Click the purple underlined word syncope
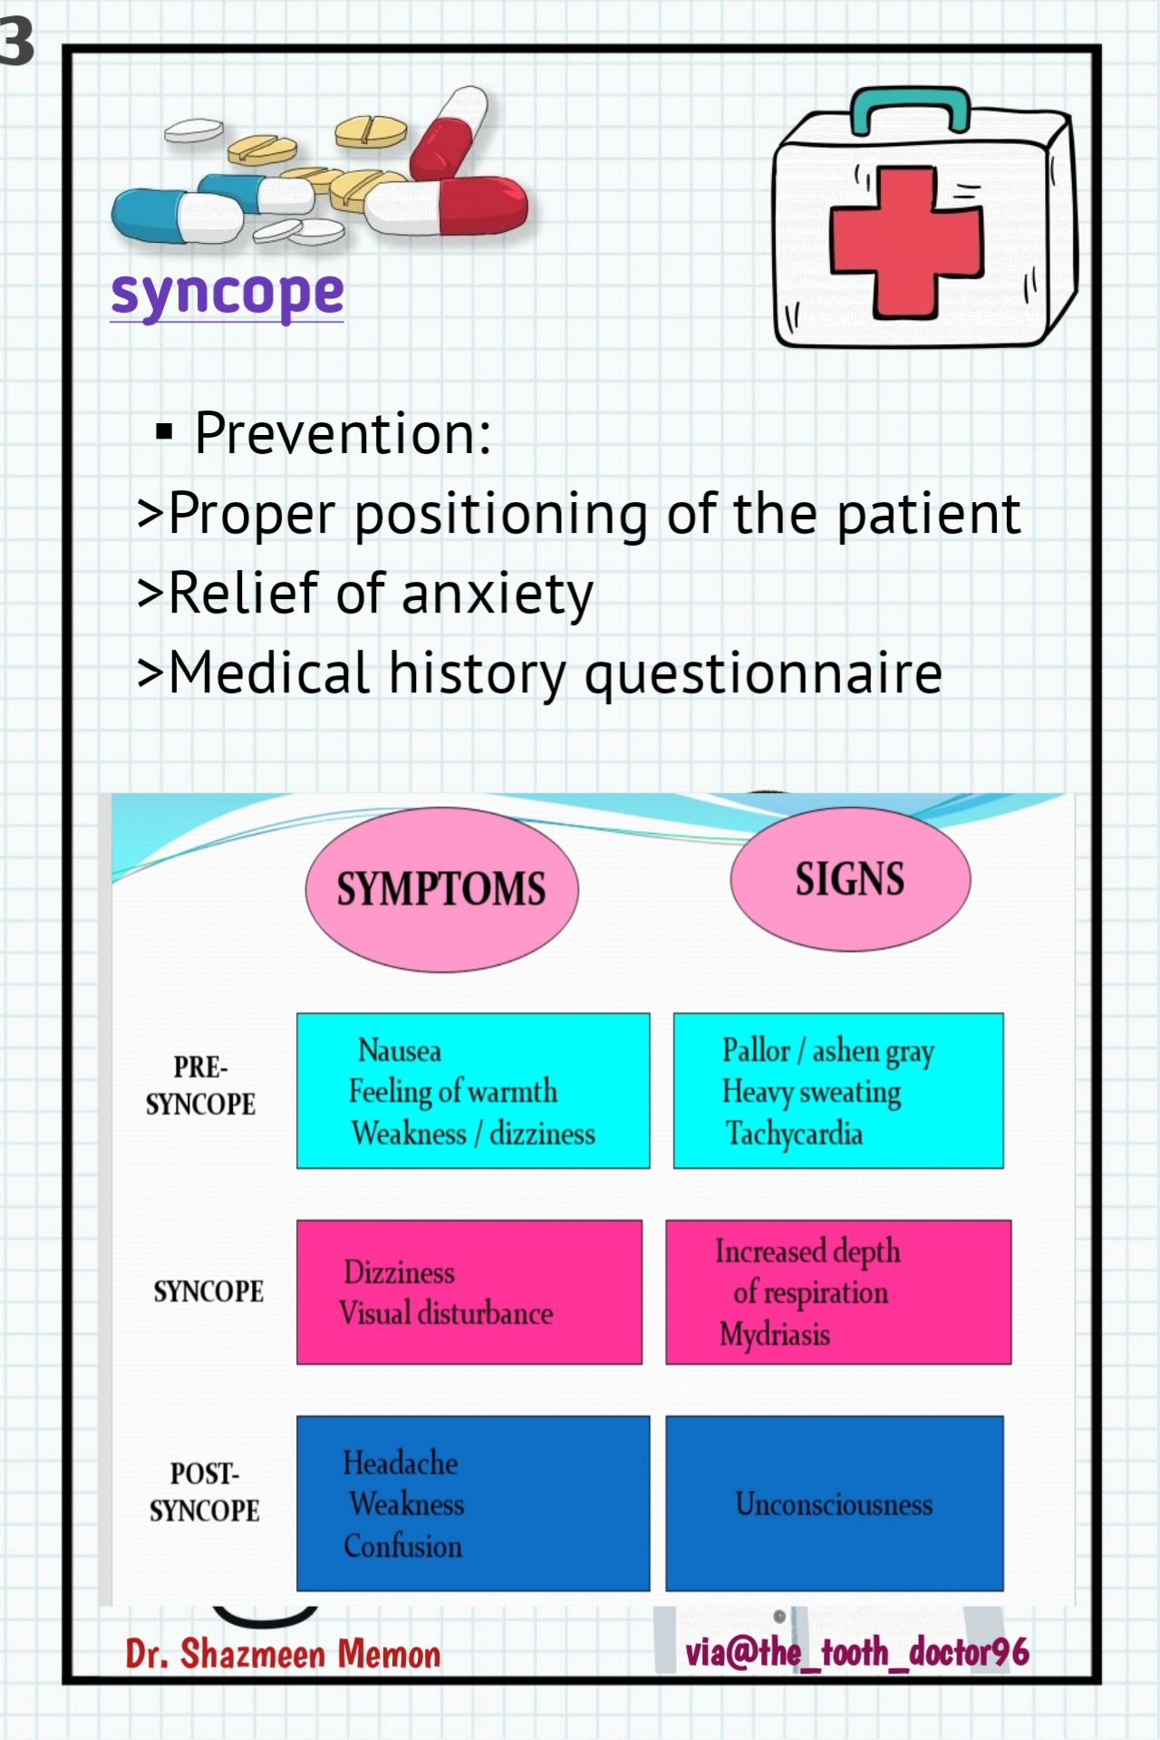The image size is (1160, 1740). click(227, 294)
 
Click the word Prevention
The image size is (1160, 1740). click(343, 433)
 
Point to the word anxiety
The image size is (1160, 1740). click(497, 594)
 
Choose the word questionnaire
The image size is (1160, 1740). click(763, 673)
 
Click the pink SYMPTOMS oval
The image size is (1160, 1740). click(441, 889)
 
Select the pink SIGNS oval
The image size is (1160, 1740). click(850, 879)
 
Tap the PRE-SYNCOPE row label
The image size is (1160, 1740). click(200, 1086)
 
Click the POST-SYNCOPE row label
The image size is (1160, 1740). click(204, 1492)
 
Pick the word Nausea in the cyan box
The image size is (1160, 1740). click(400, 1050)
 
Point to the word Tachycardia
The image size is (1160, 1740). click(794, 1134)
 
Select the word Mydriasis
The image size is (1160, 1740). click(775, 1334)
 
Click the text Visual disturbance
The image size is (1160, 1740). click(446, 1313)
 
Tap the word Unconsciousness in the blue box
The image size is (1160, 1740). click(834, 1504)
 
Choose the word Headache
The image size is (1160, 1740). click(400, 1463)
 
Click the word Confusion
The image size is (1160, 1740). click(402, 1546)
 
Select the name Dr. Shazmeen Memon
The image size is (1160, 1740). click(283, 1655)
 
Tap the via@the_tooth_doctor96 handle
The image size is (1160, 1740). click(856, 1652)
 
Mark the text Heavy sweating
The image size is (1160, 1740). click(811, 1092)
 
